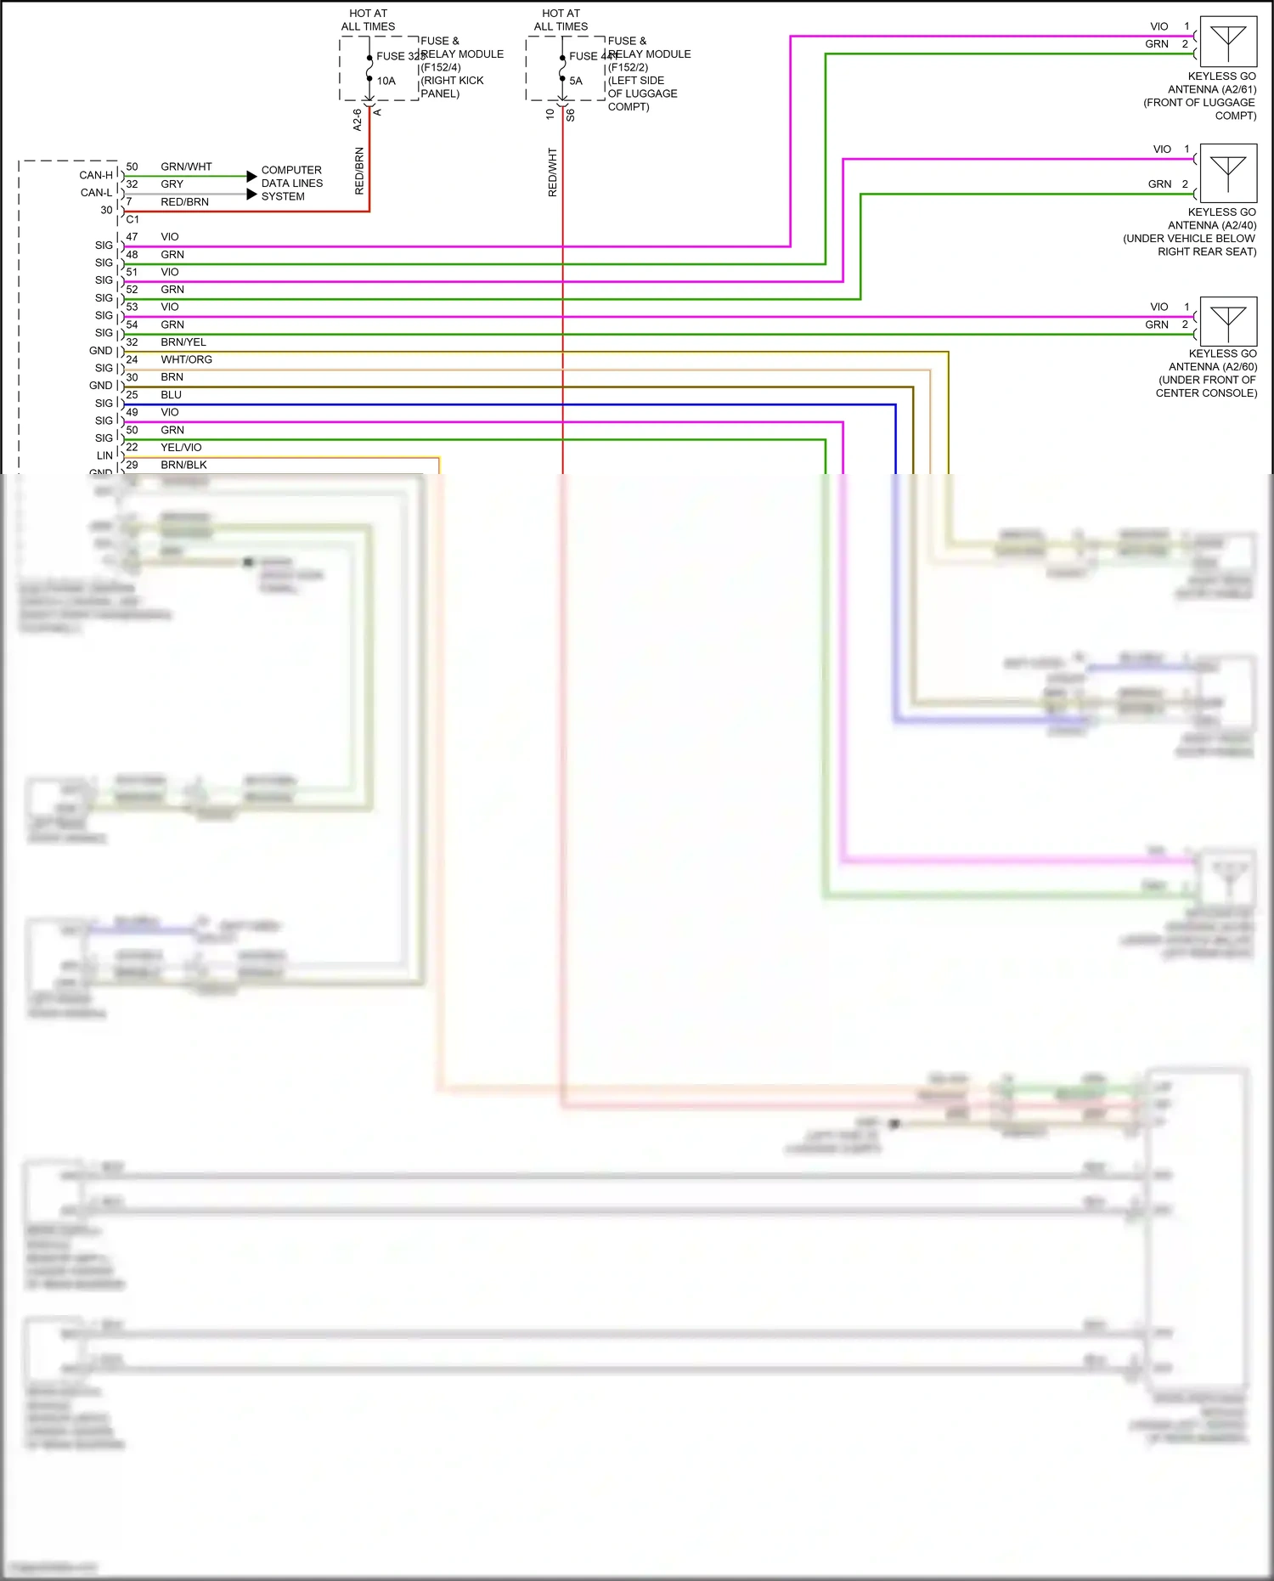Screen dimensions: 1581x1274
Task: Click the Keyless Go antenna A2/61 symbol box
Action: [1228, 42]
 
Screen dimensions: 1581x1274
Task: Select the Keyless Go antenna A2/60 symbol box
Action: [1228, 321]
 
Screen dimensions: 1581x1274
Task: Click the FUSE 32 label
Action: [399, 56]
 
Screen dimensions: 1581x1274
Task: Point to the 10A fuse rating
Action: [386, 82]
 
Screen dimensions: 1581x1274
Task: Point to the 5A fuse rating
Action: [576, 82]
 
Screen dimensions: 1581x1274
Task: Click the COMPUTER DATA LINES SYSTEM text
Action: [291, 184]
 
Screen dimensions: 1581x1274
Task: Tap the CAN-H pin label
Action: [96, 176]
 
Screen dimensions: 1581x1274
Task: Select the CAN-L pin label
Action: [96, 193]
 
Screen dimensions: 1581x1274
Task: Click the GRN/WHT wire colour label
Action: [186, 167]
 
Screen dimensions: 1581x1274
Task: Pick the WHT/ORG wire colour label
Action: [186, 359]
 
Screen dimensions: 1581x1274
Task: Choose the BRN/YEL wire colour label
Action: [183, 342]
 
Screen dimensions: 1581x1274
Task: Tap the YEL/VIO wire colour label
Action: [181, 448]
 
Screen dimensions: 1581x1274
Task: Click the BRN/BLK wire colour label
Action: [183, 466]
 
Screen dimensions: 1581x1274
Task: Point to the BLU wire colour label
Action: [172, 395]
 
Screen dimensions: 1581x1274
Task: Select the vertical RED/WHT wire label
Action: [553, 172]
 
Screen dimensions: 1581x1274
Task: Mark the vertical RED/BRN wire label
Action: [359, 171]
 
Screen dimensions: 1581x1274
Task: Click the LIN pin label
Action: [104, 456]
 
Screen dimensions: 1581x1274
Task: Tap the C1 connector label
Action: [132, 219]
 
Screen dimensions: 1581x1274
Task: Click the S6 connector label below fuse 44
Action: [571, 115]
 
